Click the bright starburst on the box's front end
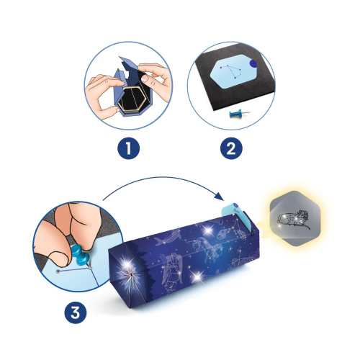[x=130, y=276]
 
